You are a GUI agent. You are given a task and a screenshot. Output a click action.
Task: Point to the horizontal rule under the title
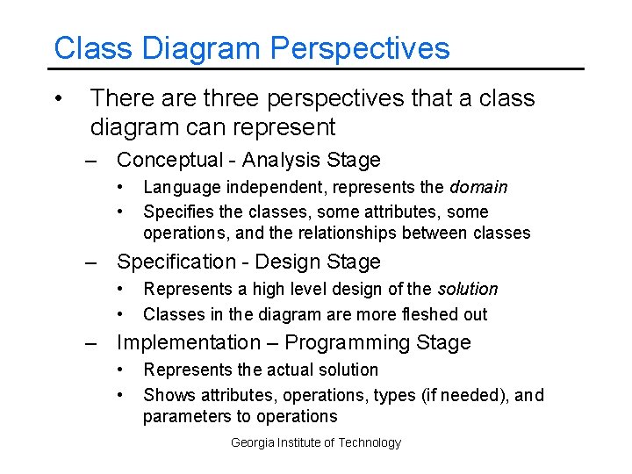click(316, 68)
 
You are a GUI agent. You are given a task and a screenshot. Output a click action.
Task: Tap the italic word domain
click(478, 187)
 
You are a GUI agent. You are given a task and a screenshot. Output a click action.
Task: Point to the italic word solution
click(467, 289)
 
